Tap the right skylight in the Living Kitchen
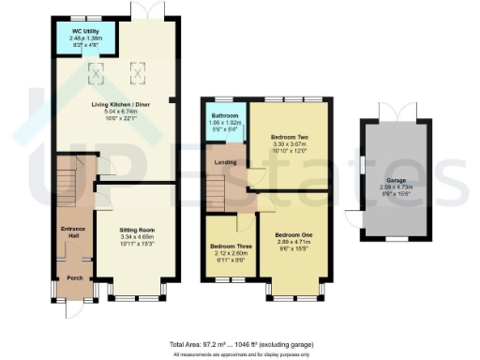coord(136,68)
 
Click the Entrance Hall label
coord(73,232)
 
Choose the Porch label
coord(73,278)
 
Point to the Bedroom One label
coord(294,233)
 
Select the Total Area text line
coord(240,344)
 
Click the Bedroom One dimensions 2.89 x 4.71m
coord(294,242)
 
